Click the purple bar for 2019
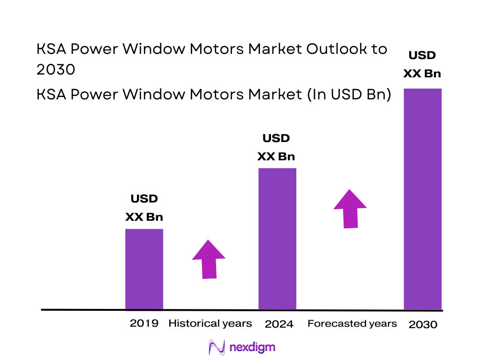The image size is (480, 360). tap(144, 269)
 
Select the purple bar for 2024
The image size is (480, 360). tap(277, 239)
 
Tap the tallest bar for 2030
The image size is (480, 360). tap(423, 199)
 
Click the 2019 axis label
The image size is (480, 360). tap(144, 323)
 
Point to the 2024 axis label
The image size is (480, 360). tap(279, 324)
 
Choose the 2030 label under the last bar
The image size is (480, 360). tap(423, 324)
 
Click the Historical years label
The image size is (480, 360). tap(210, 323)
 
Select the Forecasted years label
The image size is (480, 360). tap(352, 323)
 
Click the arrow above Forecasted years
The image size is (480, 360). tap(350, 209)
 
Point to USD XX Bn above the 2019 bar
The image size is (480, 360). tap(144, 208)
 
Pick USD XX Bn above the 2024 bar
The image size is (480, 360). tap(276, 147)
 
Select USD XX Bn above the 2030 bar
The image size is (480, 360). tap(422, 64)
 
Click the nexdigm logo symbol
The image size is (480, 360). tap(217, 347)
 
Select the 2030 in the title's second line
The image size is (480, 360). tap(56, 70)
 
